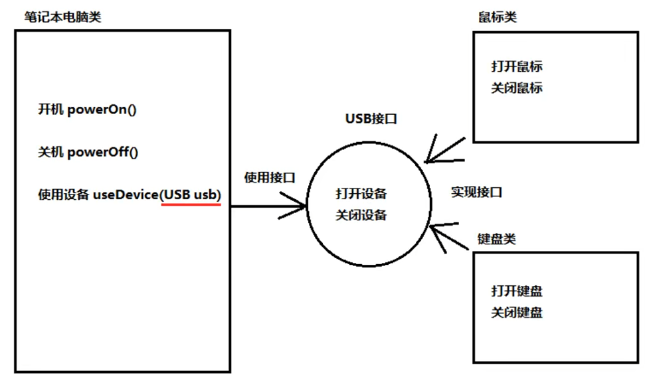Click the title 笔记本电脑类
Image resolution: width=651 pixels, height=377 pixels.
point(58,16)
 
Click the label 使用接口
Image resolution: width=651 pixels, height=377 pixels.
point(270,177)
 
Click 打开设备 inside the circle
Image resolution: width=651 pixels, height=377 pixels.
point(361,194)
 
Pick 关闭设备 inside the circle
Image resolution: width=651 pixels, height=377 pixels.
point(361,215)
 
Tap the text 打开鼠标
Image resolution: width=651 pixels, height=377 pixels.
point(517,66)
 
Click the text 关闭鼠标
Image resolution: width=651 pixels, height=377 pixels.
point(517,88)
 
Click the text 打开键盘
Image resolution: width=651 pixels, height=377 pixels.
point(517,291)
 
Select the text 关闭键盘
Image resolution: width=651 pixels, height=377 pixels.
point(517,312)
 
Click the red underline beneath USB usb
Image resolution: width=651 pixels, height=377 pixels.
point(191,204)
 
